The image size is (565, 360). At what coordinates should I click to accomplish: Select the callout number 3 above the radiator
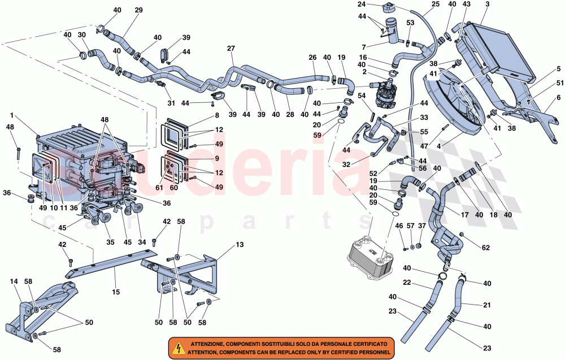click(487, 5)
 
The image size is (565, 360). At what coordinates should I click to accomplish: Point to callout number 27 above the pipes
click(231, 48)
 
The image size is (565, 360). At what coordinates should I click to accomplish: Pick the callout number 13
click(240, 244)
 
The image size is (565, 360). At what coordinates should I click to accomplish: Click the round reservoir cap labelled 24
click(389, 8)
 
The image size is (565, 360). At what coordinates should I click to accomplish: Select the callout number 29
click(138, 10)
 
